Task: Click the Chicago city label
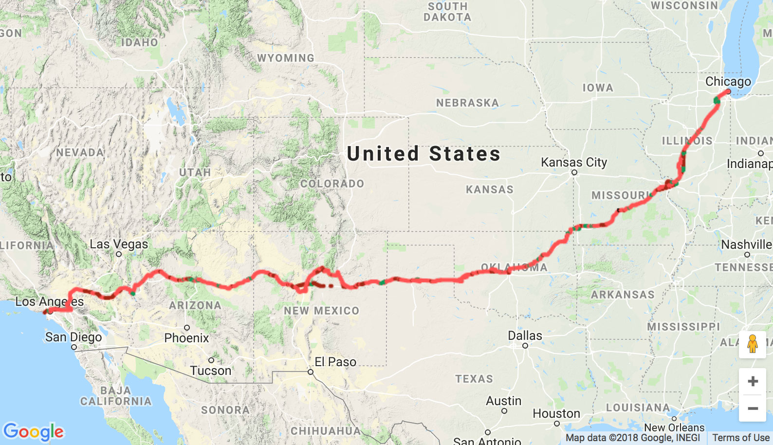pos(728,81)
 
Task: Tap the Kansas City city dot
pos(574,172)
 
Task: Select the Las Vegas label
pos(119,244)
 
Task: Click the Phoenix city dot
pos(187,328)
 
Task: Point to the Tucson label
pos(211,371)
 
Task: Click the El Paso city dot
pos(311,372)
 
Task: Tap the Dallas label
pos(525,335)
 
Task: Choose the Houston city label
pos(556,413)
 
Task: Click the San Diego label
pos(74,337)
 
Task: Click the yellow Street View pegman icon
pos(753,344)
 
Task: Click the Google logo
pos(34,431)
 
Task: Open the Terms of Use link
pos(740,438)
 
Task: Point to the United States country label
pos(423,154)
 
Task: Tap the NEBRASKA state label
pos(467,103)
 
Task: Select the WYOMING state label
pos(286,58)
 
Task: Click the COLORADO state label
pos(332,184)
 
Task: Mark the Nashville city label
pos(746,244)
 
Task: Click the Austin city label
pos(503,401)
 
